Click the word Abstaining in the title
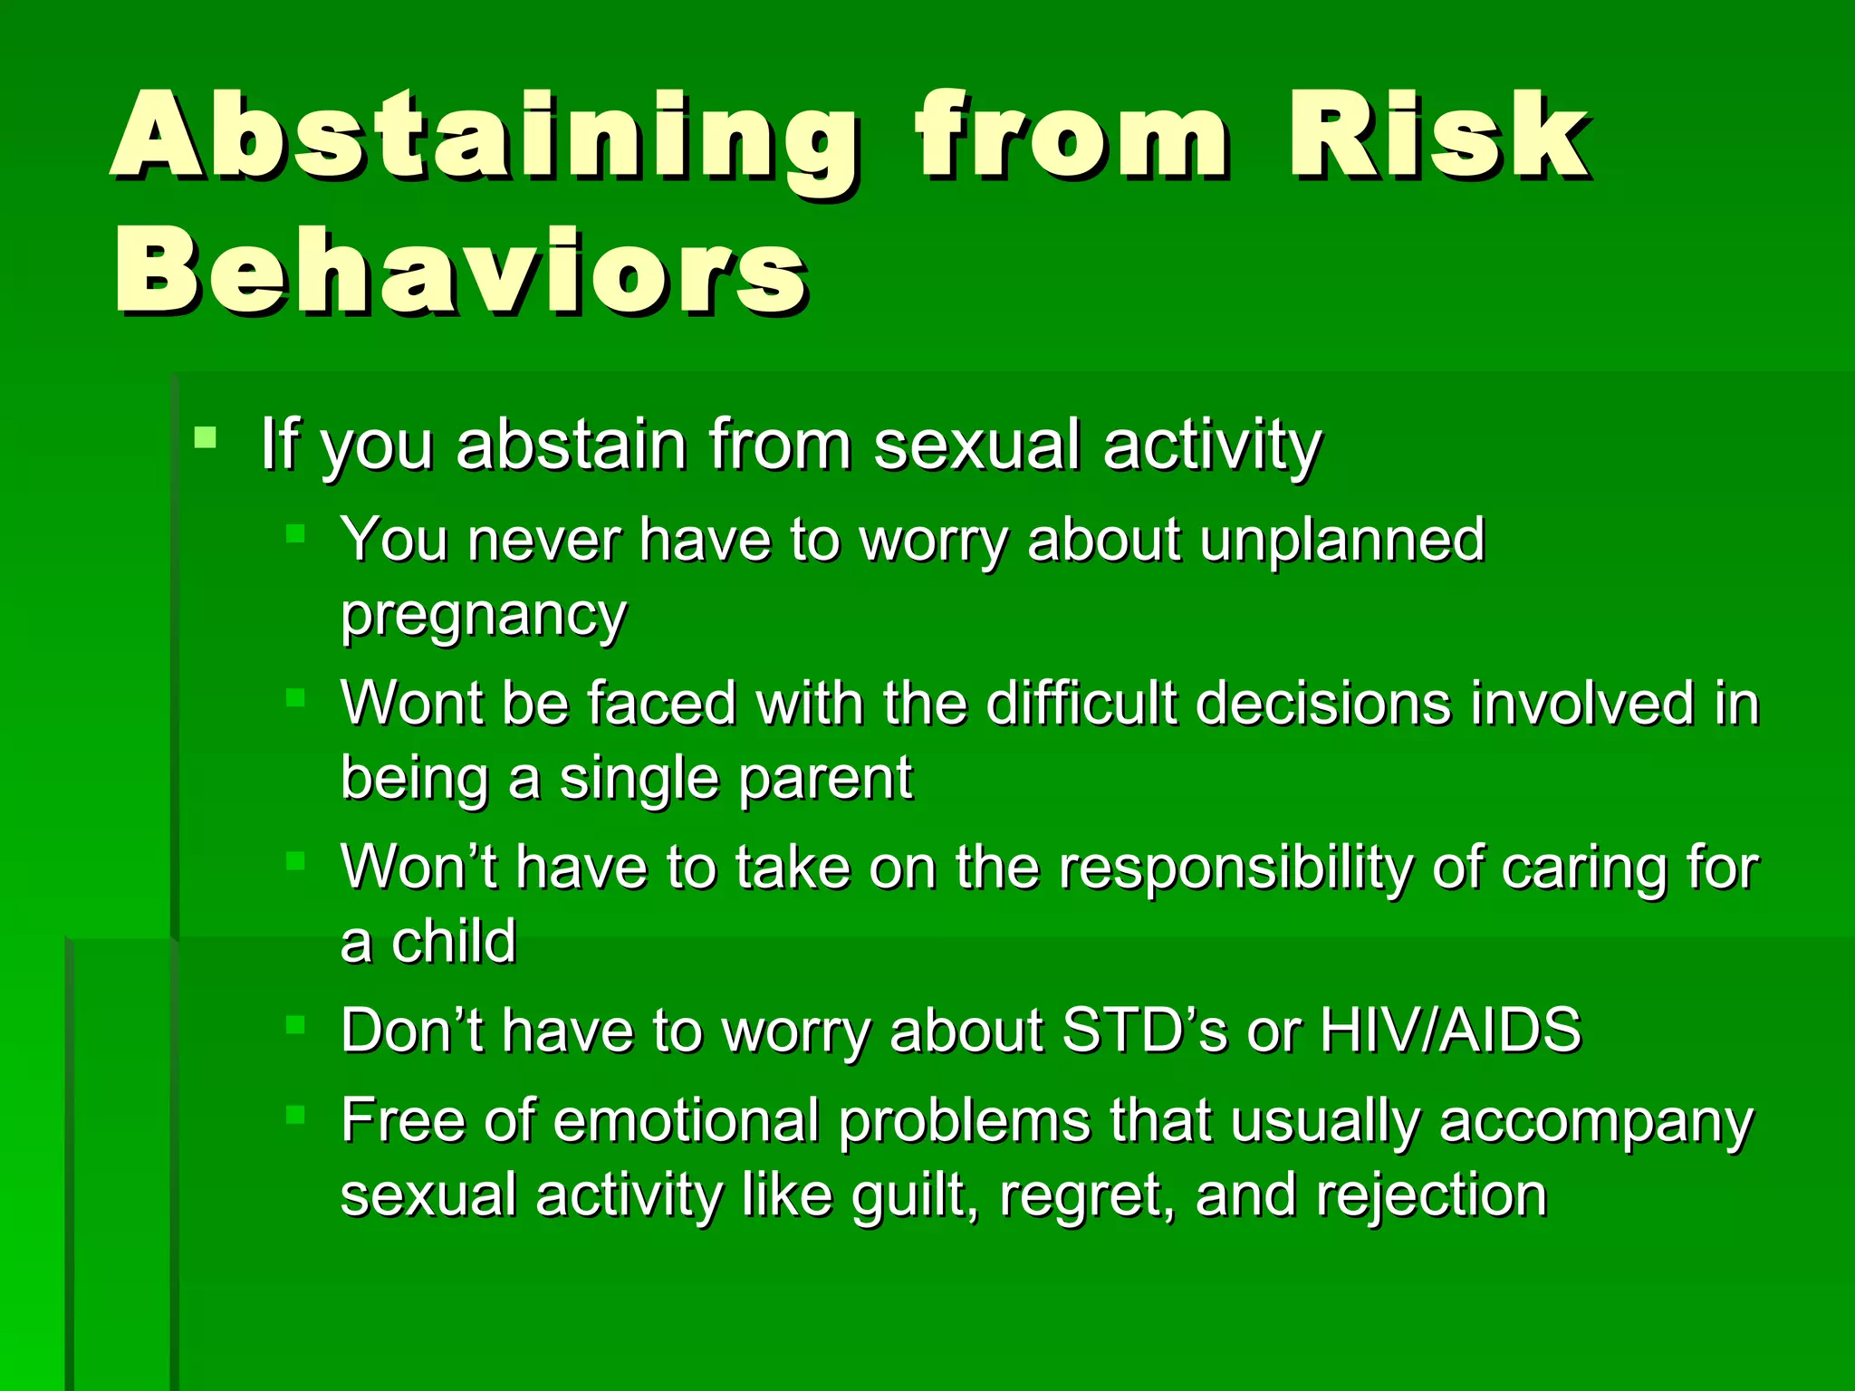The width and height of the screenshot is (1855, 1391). click(x=485, y=136)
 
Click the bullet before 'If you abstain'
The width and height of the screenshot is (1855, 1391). click(x=206, y=438)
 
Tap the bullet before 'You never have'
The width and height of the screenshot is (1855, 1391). click(x=296, y=533)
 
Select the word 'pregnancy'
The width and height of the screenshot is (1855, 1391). click(x=484, y=616)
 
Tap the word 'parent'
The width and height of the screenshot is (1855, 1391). click(x=825, y=779)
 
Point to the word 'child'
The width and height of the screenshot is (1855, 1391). click(x=454, y=942)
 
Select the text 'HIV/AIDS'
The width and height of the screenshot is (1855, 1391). click(x=1450, y=1031)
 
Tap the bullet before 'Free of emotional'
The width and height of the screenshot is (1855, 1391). click(x=296, y=1114)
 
